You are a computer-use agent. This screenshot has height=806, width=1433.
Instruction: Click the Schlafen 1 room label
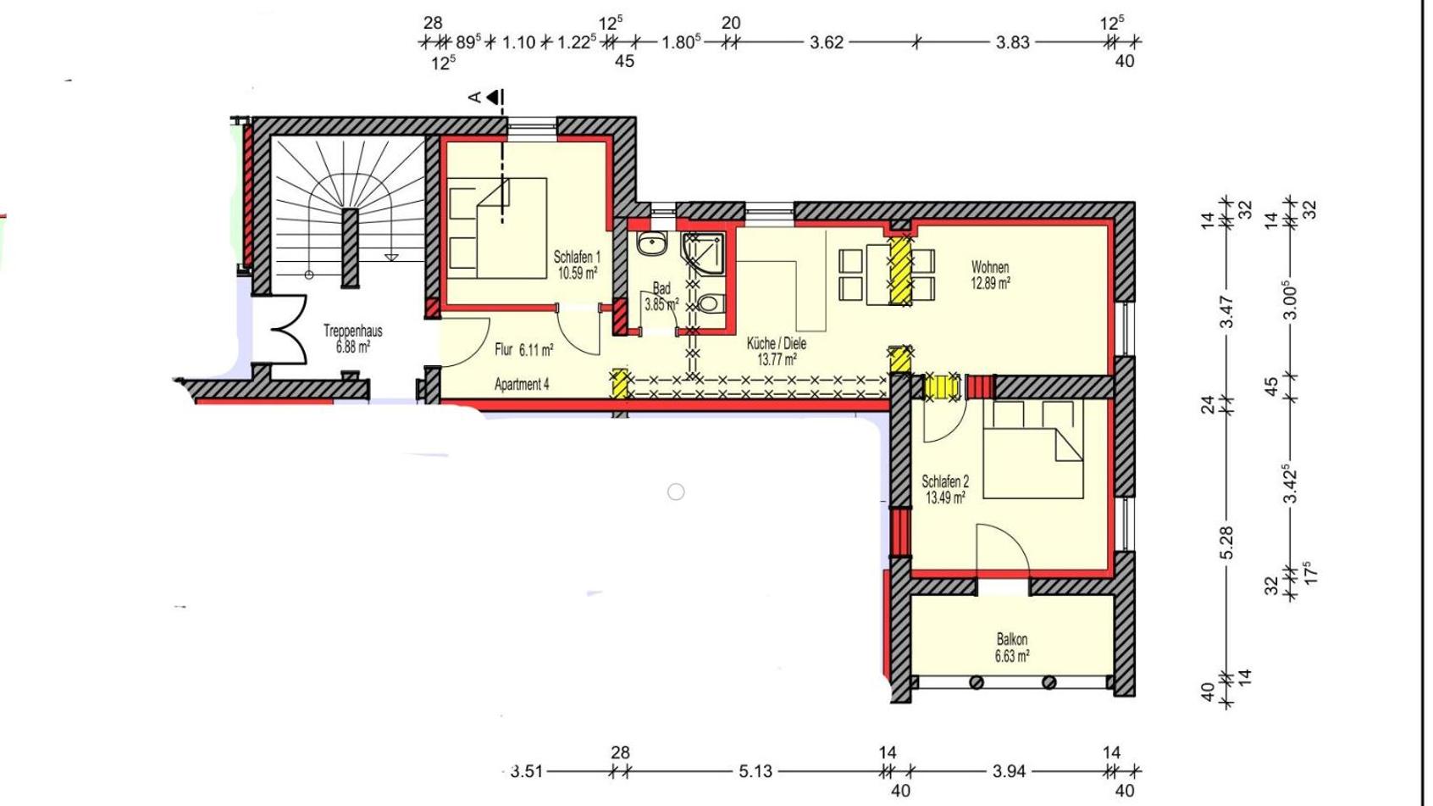577,258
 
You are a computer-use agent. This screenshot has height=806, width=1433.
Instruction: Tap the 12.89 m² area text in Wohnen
991,283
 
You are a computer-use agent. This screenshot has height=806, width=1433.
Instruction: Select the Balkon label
1012,639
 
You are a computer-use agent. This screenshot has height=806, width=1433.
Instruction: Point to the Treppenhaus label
353,331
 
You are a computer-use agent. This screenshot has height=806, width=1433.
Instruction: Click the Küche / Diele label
777,344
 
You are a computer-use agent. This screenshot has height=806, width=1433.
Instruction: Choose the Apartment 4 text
522,384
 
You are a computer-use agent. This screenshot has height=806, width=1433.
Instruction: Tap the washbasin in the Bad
652,244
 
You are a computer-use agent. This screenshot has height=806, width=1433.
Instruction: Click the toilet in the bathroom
711,303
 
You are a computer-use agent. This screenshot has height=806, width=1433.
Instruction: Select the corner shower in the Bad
703,253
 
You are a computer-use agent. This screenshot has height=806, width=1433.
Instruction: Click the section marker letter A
474,97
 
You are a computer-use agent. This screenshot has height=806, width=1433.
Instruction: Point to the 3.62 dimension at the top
827,43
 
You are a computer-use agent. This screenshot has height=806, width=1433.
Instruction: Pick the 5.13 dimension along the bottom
755,771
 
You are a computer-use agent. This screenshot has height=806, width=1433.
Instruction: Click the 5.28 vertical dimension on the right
1226,543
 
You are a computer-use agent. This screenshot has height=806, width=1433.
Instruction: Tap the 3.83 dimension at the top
1013,43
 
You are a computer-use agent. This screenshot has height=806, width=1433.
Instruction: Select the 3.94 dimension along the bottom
1010,771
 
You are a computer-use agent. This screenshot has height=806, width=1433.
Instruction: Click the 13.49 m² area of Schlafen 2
945,497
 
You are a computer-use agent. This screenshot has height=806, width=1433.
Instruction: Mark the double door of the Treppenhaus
289,330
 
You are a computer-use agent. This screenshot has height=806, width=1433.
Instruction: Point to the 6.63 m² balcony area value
1012,655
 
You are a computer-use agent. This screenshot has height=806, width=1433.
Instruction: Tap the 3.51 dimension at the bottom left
527,771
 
